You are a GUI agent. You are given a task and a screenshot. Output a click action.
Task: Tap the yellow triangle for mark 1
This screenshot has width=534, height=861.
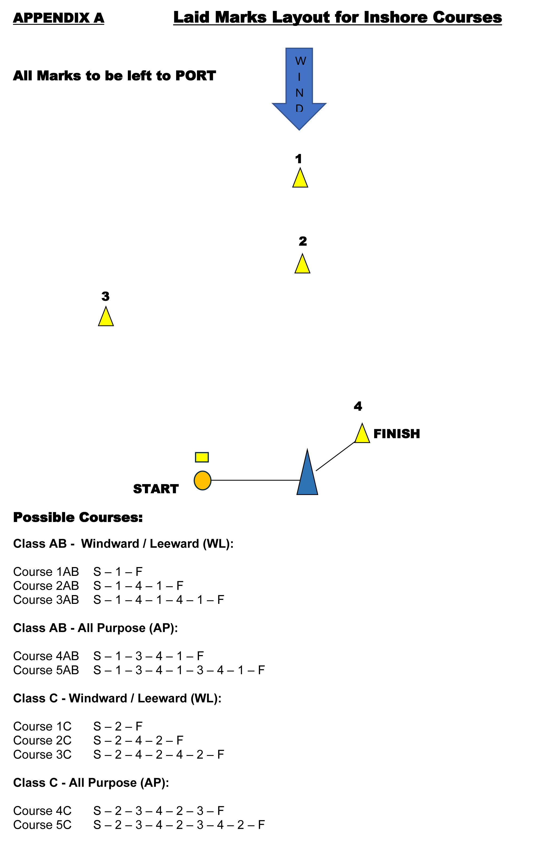(x=300, y=178)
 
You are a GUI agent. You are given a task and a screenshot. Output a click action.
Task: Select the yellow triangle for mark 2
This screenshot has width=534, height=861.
(x=302, y=264)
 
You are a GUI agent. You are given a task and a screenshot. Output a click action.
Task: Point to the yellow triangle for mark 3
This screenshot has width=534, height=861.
(x=106, y=317)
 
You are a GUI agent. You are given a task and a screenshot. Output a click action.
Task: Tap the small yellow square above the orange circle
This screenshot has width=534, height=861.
(x=202, y=457)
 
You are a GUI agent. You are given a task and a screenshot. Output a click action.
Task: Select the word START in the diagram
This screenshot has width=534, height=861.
(x=156, y=489)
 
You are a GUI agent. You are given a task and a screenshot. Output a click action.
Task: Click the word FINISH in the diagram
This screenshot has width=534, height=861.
(x=397, y=434)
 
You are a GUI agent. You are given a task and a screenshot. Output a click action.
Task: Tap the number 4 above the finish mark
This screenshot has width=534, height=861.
(x=358, y=406)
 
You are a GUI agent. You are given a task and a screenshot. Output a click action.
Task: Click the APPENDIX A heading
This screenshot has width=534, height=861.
(x=59, y=18)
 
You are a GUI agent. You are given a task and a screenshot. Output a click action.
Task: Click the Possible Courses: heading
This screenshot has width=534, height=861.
(x=78, y=517)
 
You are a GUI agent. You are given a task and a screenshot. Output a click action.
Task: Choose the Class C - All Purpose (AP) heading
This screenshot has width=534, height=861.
(x=91, y=783)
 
